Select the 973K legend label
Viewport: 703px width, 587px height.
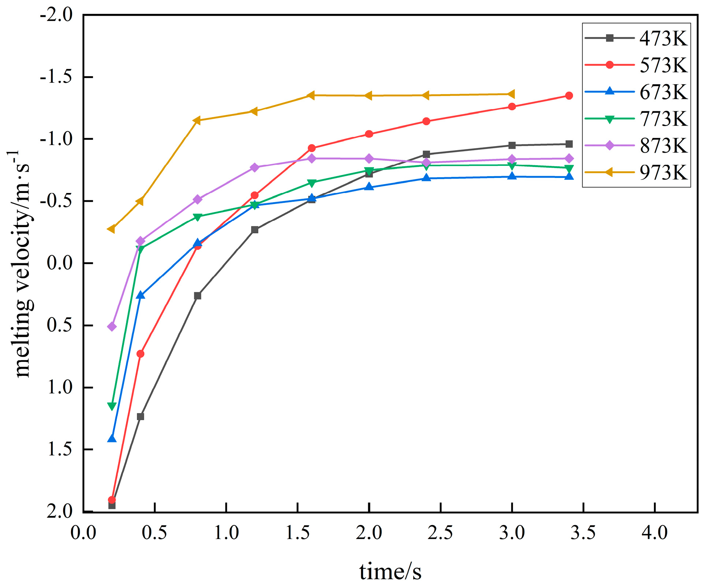pos(663,172)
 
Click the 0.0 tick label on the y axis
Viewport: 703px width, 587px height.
pos(60,263)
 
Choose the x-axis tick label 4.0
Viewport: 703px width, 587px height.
pos(654,532)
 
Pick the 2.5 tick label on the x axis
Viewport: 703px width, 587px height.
pos(440,532)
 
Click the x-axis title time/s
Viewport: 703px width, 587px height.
pos(390,572)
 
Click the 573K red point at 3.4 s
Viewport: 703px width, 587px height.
pos(569,96)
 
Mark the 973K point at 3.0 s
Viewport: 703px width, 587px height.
pos(512,94)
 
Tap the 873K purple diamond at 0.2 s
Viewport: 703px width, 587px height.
pos(112,326)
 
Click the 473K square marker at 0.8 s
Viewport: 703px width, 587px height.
pos(198,296)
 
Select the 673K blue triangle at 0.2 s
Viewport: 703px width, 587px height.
pos(112,438)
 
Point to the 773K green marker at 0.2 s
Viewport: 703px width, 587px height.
pos(112,406)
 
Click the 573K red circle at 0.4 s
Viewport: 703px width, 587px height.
pos(140,354)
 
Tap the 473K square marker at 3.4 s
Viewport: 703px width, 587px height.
pos(569,144)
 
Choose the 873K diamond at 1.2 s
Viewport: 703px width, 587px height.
pos(255,167)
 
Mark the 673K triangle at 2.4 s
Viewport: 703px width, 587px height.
pos(426,178)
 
